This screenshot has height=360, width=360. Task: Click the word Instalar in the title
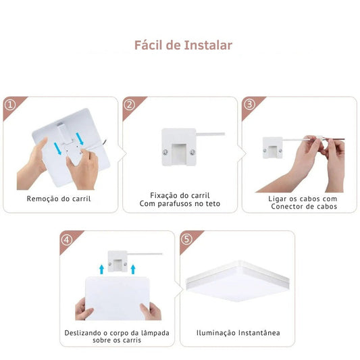[208, 45]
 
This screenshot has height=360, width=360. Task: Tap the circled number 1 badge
[10, 105]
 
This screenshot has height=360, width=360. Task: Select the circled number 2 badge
[130, 105]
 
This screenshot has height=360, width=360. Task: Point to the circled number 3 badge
[249, 105]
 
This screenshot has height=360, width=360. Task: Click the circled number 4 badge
[67, 240]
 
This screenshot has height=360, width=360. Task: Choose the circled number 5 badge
[186, 239]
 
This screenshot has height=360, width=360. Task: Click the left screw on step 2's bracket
[165, 152]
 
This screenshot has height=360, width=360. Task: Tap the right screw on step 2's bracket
[192, 152]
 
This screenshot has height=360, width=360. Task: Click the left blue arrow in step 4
[101, 269]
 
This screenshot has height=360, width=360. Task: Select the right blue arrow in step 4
[133, 269]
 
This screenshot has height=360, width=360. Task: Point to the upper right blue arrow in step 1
[80, 138]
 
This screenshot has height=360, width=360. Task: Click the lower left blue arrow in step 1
[58, 149]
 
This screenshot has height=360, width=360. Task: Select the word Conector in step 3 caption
[285, 207]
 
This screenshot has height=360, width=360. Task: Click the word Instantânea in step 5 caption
[259, 333]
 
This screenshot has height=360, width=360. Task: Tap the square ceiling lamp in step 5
[238, 281]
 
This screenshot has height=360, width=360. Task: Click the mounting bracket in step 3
[272, 148]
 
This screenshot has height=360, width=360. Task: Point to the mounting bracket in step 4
[118, 261]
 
